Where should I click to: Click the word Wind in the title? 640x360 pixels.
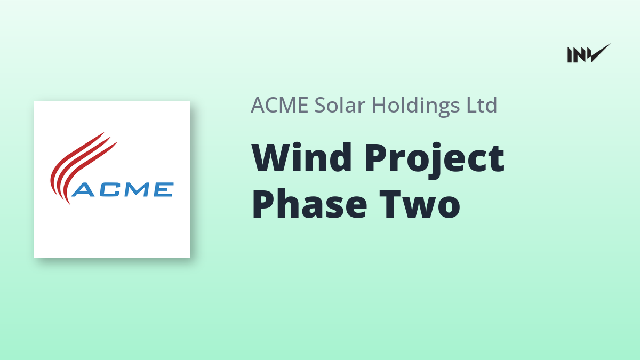pyautogui.click(x=301, y=157)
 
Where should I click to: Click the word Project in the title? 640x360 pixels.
pyautogui.click(x=435, y=161)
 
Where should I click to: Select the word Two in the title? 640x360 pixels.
pyautogui.click(x=420, y=204)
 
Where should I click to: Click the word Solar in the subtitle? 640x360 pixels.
pyautogui.click(x=340, y=105)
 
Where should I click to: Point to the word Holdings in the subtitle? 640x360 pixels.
pyautogui.click(x=416, y=106)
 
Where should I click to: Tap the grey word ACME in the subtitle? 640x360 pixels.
pyautogui.click(x=279, y=105)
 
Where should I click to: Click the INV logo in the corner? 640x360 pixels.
pyautogui.click(x=589, y=53)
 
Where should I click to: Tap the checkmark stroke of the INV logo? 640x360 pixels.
pyautogui.click(x=600, y=53)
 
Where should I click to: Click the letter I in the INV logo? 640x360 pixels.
pyautogui.click(x=570, y=55)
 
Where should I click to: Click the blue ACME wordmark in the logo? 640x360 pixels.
pyautogui.click(x=123, y=189)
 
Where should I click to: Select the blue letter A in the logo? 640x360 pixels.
pyautogui.click(x=83, y=190)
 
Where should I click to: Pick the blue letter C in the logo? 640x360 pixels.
pyautogui.click(x=110, y=190)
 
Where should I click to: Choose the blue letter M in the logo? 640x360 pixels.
pyautogui.click(x=137, y=190)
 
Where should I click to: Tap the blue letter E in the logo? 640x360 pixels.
pyautogui.click(x=164, y=190)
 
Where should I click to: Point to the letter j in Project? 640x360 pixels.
pyautogui.click(x=433, y=162)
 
